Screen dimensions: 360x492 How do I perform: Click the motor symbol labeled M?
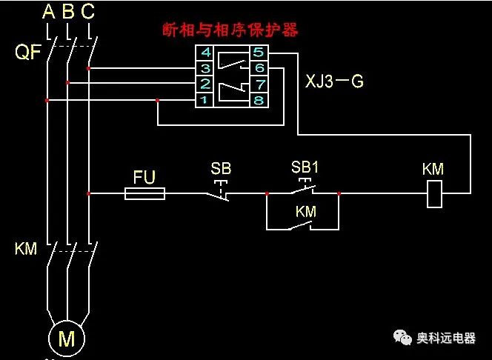point(67,339)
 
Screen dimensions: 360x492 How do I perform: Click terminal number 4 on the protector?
point(205,53)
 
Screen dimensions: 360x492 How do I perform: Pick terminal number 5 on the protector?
point(258,53)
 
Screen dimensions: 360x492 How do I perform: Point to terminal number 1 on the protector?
point(205,99)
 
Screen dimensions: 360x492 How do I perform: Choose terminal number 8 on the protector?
point(258,99)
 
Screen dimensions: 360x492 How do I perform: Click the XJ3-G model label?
point(334,81)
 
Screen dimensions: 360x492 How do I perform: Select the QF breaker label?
point(27,53)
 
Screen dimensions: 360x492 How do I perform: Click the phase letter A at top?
point(49,11)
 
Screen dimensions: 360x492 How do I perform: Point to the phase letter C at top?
point(88,11)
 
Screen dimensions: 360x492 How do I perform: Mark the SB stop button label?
point(221,168)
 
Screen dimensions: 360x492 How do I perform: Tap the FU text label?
point(144,177)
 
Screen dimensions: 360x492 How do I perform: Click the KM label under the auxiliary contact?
point(305,212)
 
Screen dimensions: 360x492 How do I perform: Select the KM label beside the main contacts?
point(26,249)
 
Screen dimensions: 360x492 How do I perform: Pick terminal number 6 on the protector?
point(258,68)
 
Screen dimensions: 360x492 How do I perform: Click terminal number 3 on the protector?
point(205,68)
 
